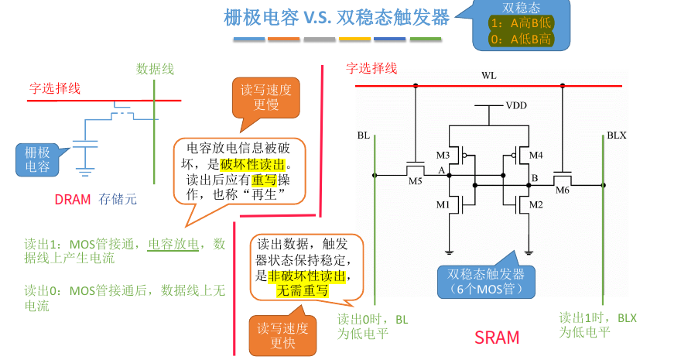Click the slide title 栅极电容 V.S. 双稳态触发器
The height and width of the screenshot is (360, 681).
pos(336,17)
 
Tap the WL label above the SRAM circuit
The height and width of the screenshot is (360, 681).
pos(489,75)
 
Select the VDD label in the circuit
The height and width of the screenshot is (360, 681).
pos(516,105)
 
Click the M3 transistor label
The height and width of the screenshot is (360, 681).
pos(443,155)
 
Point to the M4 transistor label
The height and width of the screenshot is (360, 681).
pos(536,155)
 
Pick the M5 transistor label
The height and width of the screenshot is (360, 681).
pos(415,182)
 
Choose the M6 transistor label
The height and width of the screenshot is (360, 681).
pos(562,190)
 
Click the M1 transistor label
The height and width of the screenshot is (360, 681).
pos(443,204)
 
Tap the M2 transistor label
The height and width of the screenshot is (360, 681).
pos(536,204)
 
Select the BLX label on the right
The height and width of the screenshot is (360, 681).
pos(616,135)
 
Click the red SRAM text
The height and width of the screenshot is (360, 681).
pos(497,338)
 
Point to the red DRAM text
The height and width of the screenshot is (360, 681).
pos(73,199)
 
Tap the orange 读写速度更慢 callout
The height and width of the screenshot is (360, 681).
pos(265,98)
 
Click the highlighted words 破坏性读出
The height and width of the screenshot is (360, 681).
pos(252,165)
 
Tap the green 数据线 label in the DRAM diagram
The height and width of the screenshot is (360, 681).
pos(155,69)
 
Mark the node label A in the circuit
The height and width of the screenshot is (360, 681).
pos(440,170)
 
